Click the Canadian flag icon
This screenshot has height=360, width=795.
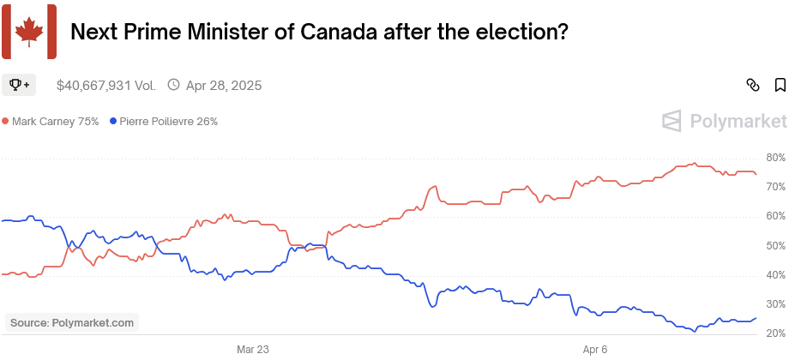click(29, 32)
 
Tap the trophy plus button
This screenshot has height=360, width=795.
click(19, 85)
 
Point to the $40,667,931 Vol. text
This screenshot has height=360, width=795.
click(106, 86)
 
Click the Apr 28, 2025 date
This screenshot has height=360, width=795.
click(223, 86)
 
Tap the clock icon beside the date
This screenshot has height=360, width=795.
click(174, 85)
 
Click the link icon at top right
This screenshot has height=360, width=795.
click(753, 85)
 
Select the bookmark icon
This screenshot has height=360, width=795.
click(780, 85)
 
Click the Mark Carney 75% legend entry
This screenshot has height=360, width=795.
click(51, 122)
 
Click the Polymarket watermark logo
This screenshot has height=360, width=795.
click(725, 122)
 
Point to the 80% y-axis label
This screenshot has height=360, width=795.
click(776, 158)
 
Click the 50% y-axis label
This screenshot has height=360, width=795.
click(776, 246)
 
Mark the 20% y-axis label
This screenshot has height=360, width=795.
click(776, 333)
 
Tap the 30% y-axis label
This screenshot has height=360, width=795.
click(776, 304)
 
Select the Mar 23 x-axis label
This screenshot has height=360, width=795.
click(253, 350)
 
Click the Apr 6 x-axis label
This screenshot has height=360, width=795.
click(595, 350)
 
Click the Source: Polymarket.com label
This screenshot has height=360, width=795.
click(71, 323)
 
